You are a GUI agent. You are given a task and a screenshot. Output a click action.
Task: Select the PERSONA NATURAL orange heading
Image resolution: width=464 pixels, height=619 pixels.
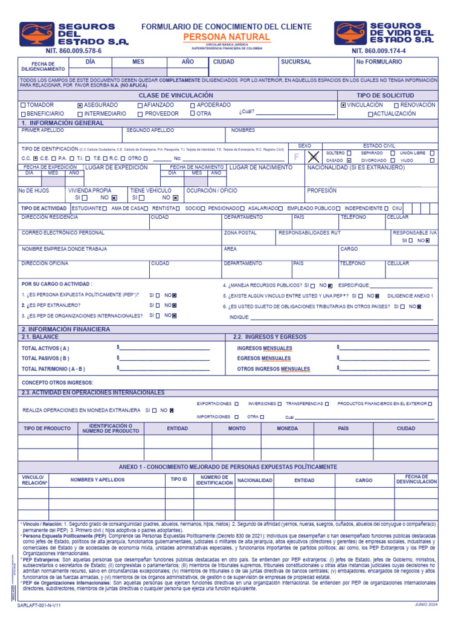pos(226,37)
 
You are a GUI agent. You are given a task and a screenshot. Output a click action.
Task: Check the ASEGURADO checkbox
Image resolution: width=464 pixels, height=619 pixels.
pos(80,105)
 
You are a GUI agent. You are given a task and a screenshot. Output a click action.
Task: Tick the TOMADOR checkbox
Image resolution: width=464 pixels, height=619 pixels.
pos(23,105)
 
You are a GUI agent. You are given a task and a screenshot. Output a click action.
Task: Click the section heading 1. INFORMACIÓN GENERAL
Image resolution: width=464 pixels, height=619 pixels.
pos(63,123)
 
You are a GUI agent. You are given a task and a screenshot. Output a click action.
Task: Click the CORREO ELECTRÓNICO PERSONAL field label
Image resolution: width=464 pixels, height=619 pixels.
pos(63,233)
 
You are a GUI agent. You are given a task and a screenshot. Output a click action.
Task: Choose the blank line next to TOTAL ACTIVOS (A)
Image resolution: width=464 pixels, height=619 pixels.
pos(164,349)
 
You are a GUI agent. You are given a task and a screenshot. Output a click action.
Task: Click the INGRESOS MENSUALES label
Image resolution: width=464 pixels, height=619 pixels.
pos(265,349)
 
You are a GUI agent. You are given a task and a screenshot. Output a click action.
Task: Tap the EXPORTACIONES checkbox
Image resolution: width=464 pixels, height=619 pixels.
pos(236,403)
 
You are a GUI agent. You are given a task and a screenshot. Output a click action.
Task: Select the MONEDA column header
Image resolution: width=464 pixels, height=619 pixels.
pos(287,429)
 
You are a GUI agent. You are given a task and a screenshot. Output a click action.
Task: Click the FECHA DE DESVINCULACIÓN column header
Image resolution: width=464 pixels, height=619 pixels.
pos(416,480)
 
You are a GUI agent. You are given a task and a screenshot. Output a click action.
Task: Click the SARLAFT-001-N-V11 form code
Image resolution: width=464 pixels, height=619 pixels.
pos(40,605)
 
